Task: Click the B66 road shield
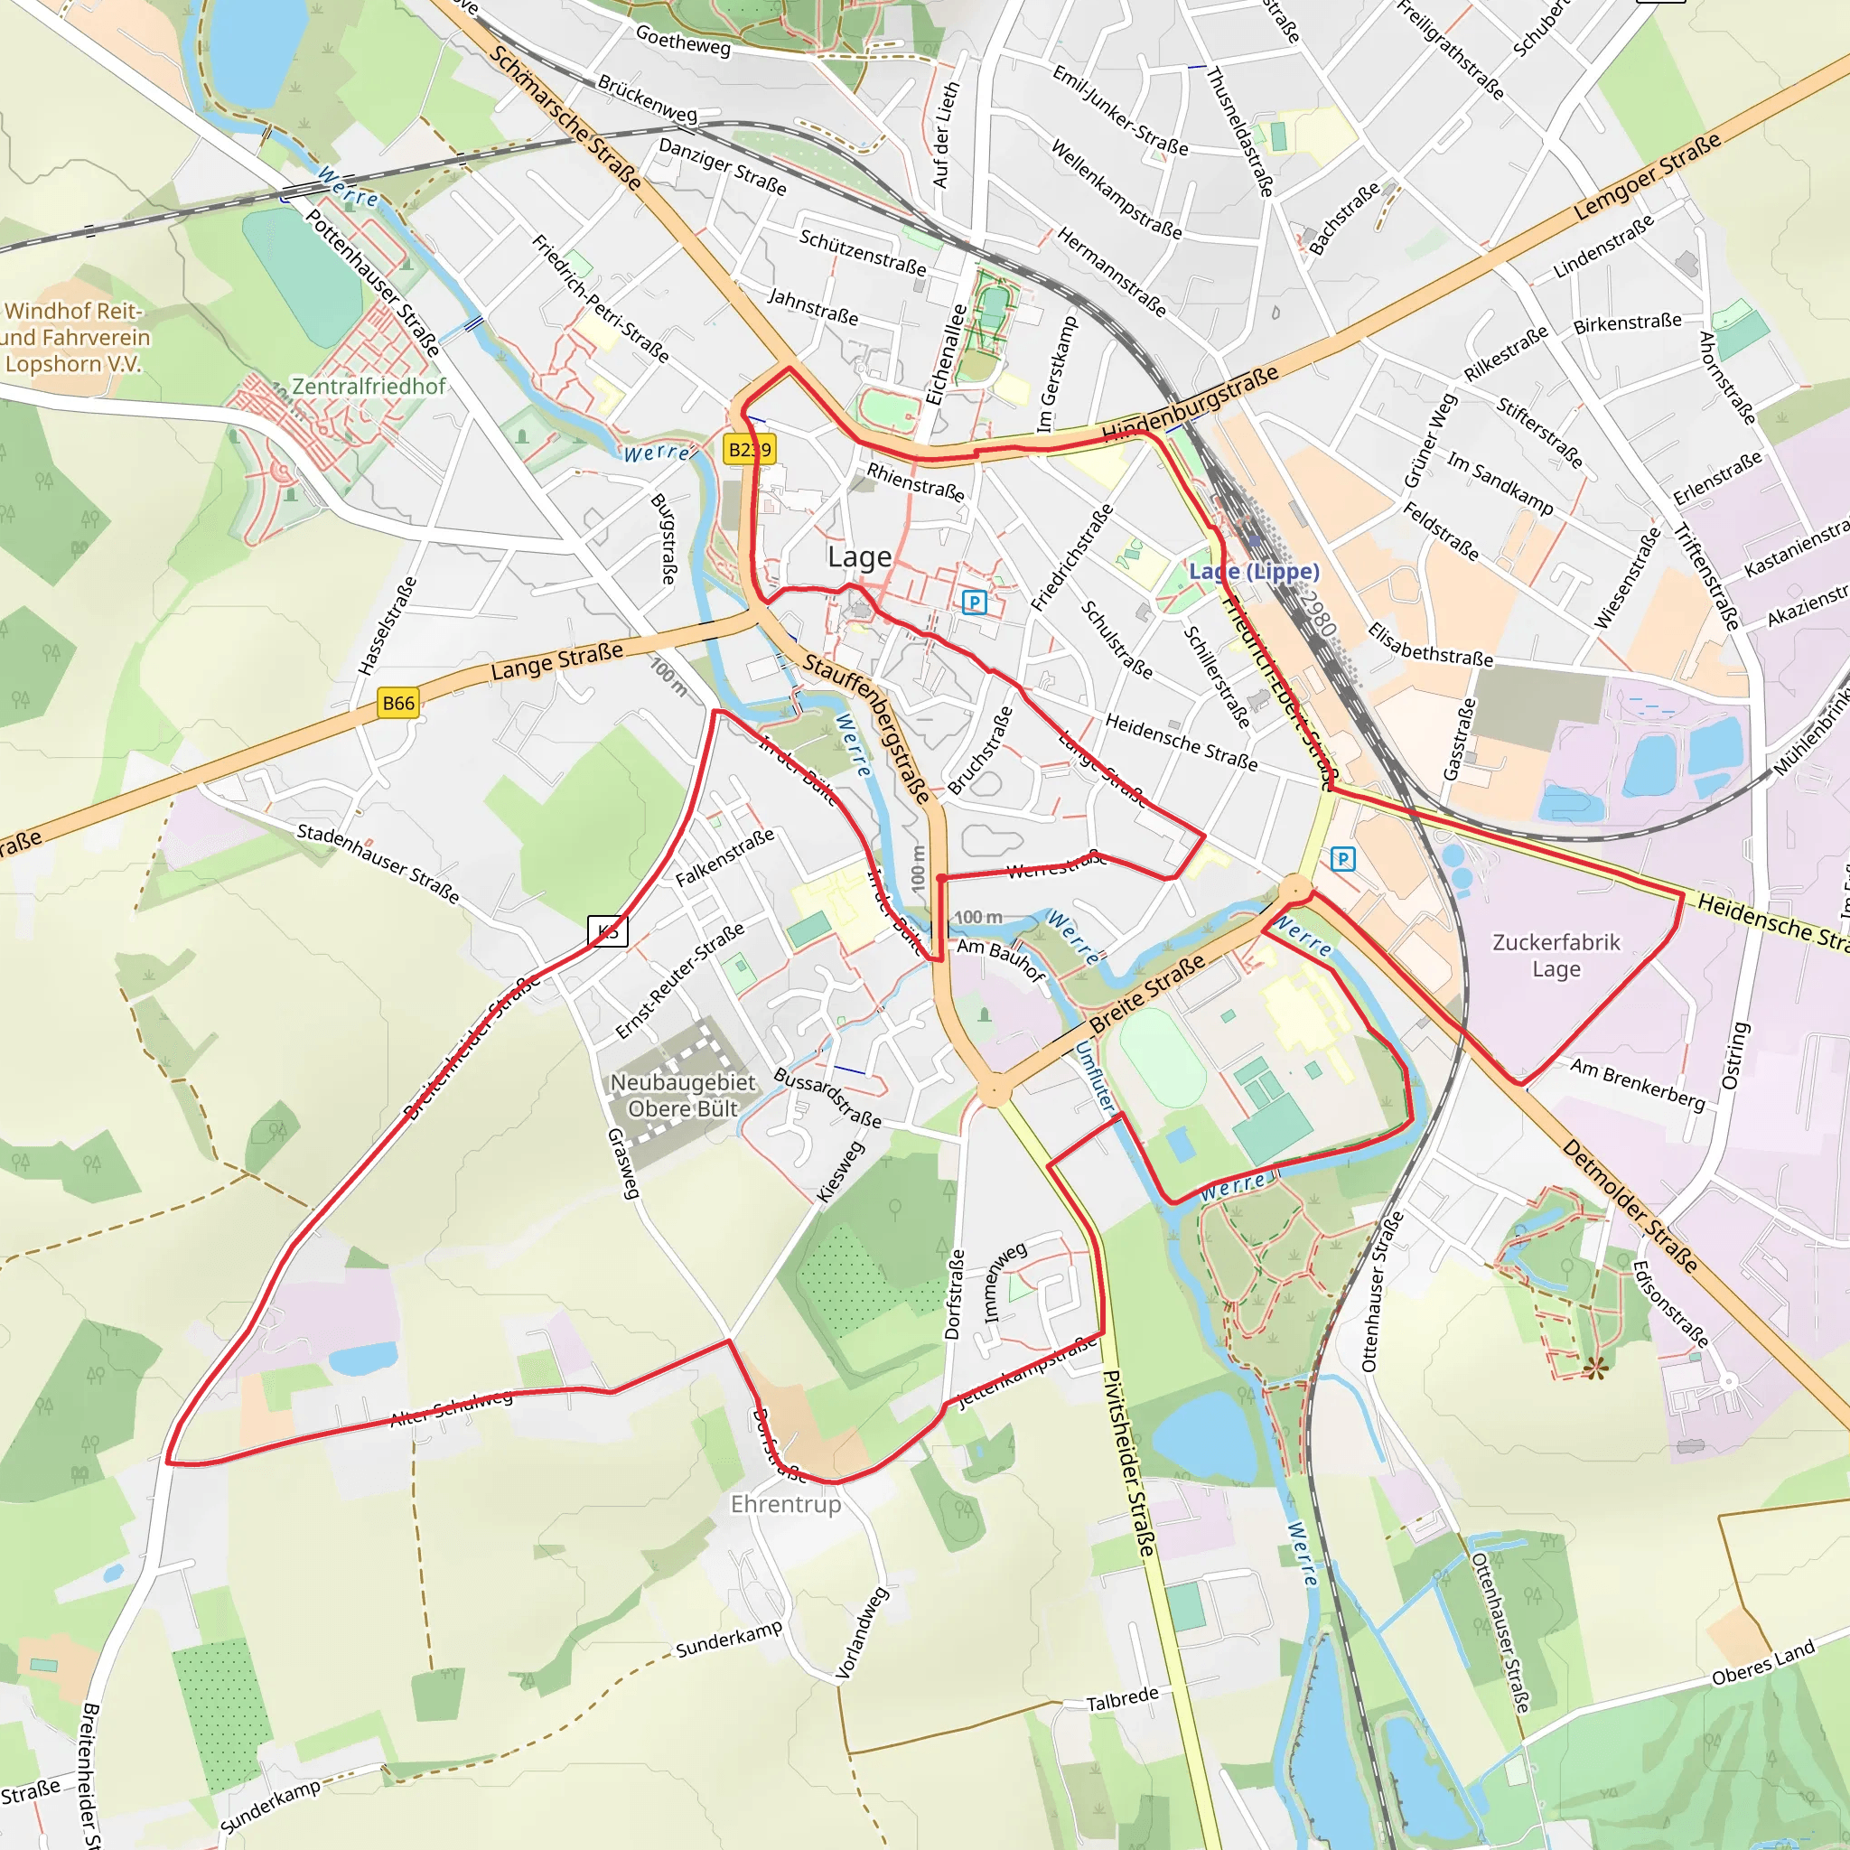point(398,703)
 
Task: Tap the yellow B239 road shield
point(749,449)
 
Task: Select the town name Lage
point(859,557)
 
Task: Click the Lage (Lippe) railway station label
point(1254,572)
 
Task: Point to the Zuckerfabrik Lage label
point(1556,955)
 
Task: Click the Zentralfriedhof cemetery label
point(369,386)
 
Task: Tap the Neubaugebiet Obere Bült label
point(683,1096)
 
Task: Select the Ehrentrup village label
point(785,1504)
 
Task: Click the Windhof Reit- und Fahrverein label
point(75,337)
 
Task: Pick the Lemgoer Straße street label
point(1647,177)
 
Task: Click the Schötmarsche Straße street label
point(565,116)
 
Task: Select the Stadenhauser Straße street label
point(378,863)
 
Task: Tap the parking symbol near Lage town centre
point(974,603)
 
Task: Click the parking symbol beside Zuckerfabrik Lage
point(1343,859)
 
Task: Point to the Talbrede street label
point(1122,1700)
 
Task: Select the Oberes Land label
point(1763,1663)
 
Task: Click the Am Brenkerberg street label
point(1638,1084)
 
